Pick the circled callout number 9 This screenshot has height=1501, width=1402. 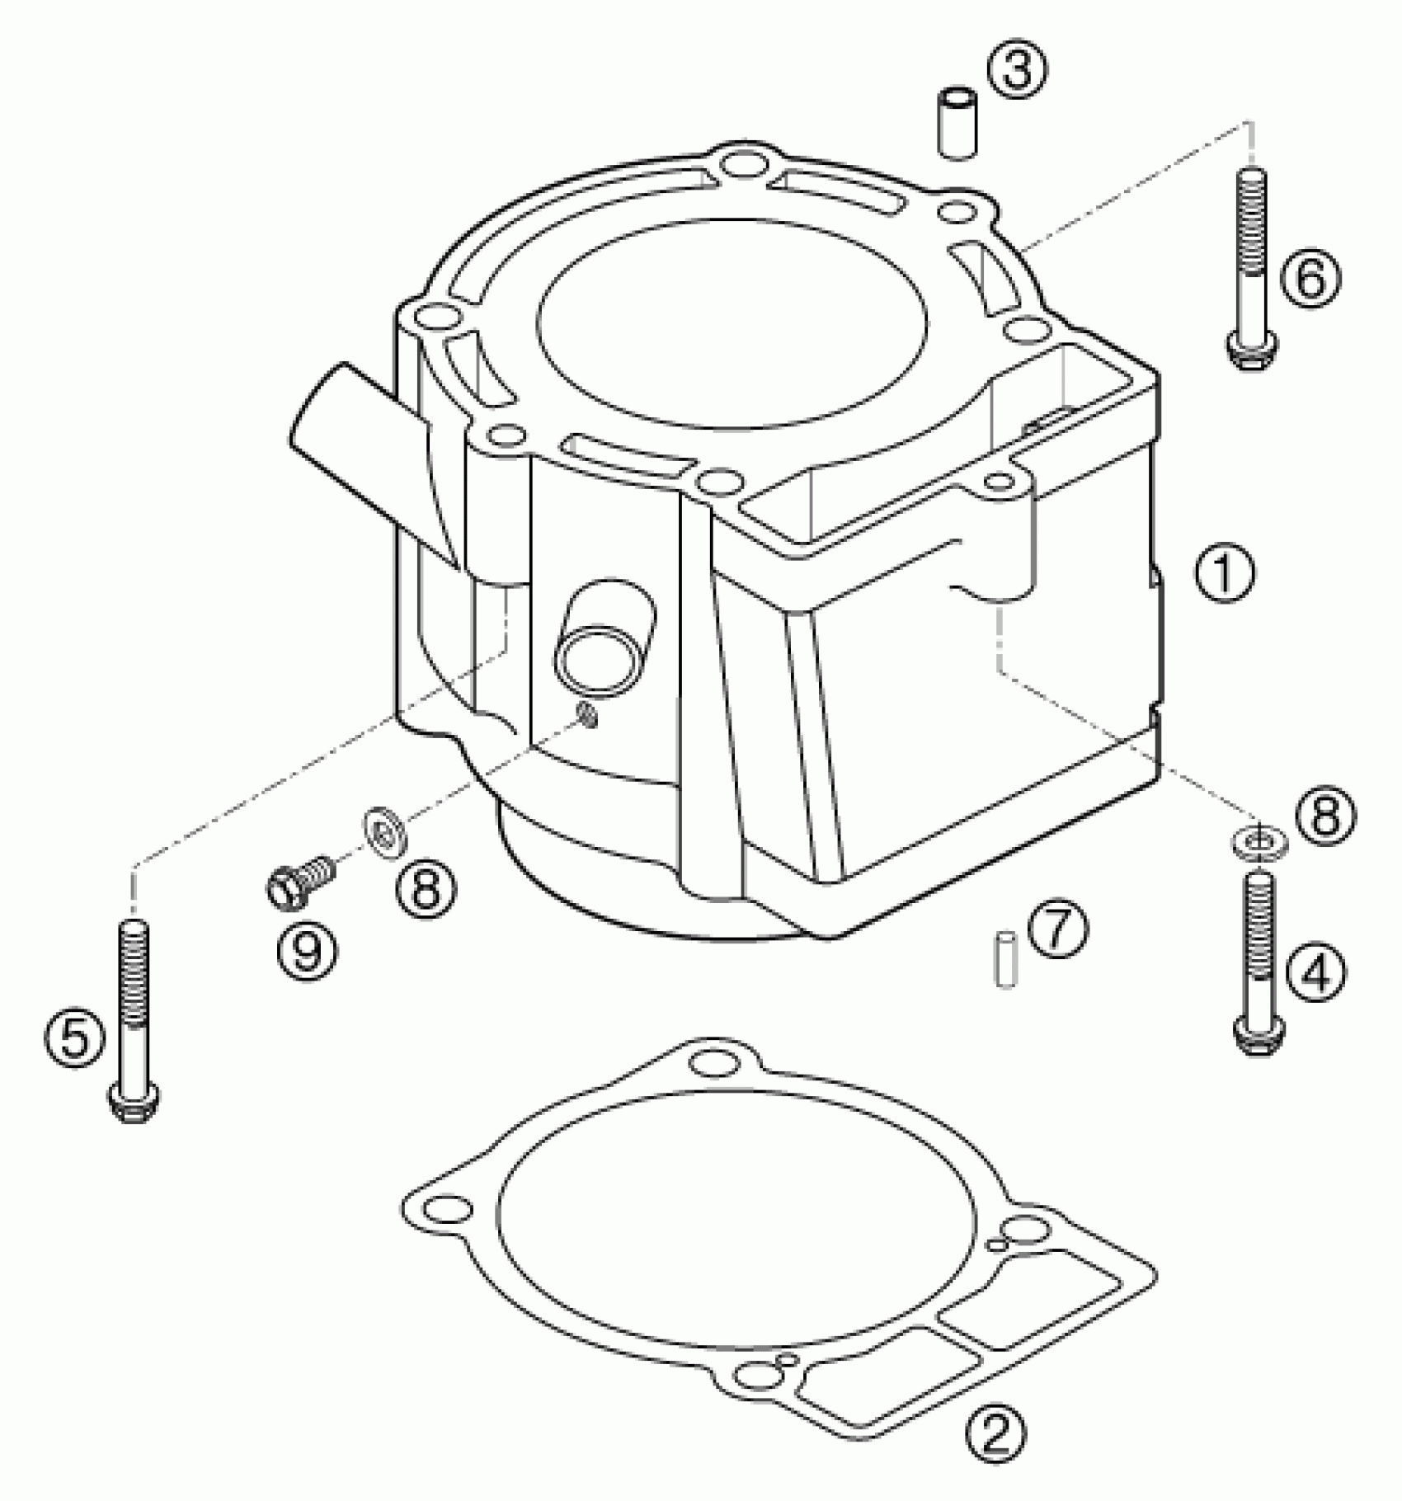(x=307, y=953)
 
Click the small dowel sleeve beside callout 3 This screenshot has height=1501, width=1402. (x=957, y=125)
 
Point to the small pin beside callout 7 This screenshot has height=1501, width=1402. (x=1005, y=958)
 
